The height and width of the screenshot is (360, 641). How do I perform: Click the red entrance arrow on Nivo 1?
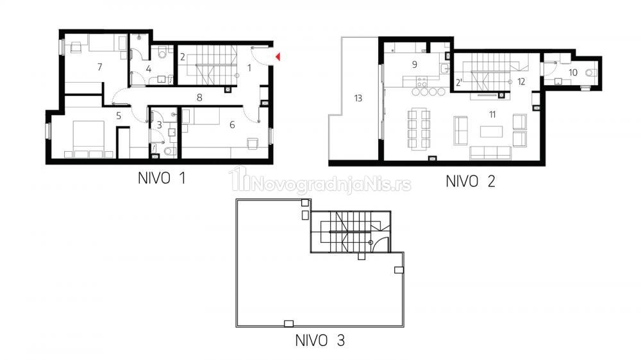click(278, 57)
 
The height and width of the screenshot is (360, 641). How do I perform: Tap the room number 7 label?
click(100, 67)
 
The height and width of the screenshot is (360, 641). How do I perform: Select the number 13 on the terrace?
click(358, 98)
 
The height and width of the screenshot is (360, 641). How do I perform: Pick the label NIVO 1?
click(162, 179)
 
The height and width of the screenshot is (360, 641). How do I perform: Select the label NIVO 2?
click(470, 181)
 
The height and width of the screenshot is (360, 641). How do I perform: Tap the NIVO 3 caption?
click(320, 340)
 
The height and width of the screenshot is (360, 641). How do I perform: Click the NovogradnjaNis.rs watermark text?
click(332, 184)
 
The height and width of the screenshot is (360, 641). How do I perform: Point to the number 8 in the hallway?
click(199, 97)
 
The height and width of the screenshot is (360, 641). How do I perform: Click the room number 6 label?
click(232, 125)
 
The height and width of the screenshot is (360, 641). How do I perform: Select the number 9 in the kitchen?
click(415, 64)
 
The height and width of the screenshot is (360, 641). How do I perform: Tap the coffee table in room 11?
click(492, 131)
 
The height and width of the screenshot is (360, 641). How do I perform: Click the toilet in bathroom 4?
click(162, 52)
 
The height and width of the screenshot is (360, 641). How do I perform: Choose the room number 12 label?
click(520, 82)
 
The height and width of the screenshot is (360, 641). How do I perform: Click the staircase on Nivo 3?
click(351, 232)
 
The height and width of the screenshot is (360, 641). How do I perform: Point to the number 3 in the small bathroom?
click(160, 125)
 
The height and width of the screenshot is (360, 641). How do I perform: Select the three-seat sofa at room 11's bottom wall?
click(490, 153)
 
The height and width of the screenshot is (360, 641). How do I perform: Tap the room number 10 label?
click(572, 73)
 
